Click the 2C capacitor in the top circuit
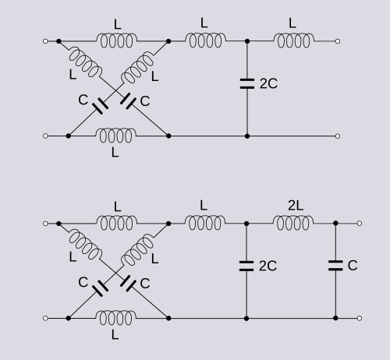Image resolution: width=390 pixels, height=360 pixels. pos(247,83)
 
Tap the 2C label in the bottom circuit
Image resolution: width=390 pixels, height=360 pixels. pos(268,266)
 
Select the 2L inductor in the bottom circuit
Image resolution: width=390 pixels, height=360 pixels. pos(293,223)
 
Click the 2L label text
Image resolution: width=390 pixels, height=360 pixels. pos(296,206)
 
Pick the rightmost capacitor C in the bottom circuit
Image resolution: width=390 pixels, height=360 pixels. pos(335,266)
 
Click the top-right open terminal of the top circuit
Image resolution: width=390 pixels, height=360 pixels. pos(338,41)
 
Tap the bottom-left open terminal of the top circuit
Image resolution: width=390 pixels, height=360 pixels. pos(45,136)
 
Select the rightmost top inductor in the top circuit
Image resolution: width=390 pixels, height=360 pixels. pos(294,41)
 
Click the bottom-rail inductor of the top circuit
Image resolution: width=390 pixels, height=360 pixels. pos(116,136)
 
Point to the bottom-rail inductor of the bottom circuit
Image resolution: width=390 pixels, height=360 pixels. pos(116,318)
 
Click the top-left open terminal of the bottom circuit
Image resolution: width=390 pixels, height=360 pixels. pos(45,224)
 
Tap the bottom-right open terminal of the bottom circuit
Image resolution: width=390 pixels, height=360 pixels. pos(360,318)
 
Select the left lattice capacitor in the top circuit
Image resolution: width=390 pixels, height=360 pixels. pos(101,105)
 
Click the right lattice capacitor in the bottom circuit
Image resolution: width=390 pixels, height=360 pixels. pos(128,284)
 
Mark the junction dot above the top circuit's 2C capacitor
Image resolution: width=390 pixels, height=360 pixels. pos(247,41)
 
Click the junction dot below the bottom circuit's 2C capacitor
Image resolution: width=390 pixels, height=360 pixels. pos(246,318)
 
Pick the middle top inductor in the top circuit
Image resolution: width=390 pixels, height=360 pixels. pos(206,41)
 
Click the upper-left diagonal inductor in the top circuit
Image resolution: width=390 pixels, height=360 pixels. pos(85,62)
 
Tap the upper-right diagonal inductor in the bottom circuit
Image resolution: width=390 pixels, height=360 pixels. pos(137,249)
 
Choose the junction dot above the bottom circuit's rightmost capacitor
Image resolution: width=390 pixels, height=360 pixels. pos(335,223)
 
